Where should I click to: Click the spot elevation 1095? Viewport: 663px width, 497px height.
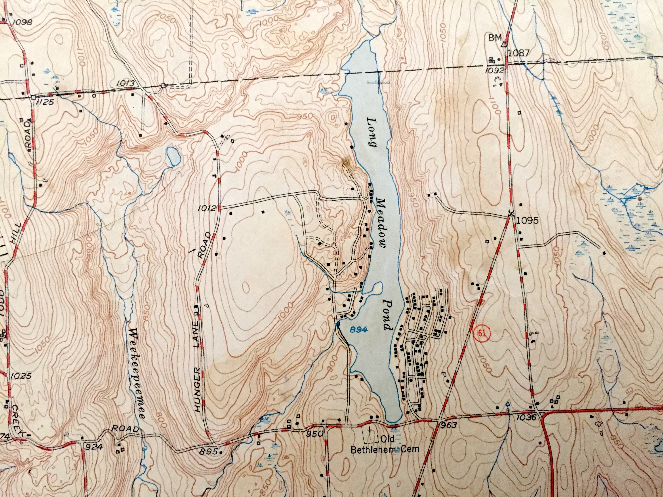point(527,221)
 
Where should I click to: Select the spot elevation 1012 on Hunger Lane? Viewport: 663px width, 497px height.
point(207,208)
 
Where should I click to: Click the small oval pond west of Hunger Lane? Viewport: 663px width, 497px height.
point(173,156)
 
